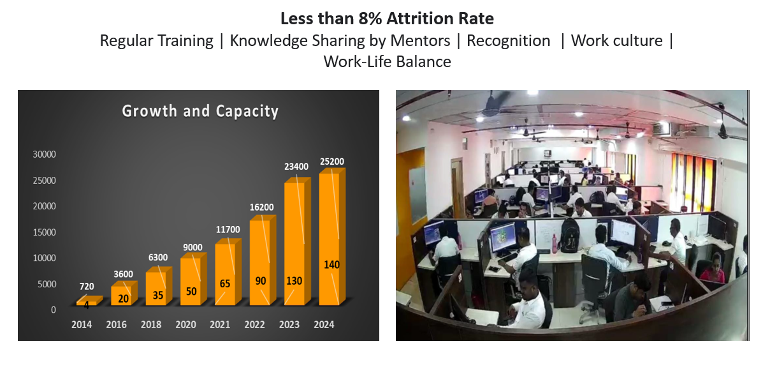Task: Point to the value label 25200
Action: pos(331,162)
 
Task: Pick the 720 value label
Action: pos(87,286)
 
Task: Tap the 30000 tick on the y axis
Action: pos(45,154)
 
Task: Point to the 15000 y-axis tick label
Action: pos(45,232)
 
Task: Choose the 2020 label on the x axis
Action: pos(185,324)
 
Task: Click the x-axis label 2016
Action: pos(116,324)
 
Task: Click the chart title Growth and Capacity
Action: pos(200,111)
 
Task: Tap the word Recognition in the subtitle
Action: pos(508,41)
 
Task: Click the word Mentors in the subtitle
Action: pos(420,41)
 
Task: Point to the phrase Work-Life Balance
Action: pos(387,62)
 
